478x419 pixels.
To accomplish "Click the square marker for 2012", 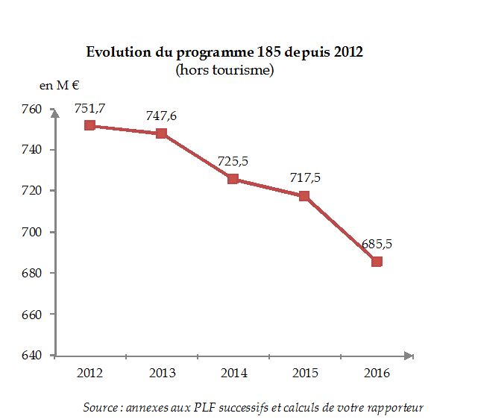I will point(89,125).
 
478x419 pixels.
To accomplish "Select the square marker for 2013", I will point(161,133).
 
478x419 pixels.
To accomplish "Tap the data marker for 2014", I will point(233,179).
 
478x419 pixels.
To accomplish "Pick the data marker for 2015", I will point(304,196).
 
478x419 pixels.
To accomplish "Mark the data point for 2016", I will point(377,262).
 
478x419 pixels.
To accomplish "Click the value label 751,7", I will point(89,108).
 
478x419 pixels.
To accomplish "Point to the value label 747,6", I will point(161,116).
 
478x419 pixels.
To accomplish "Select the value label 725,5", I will point(233,162).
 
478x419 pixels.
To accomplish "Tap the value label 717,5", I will point(304,178).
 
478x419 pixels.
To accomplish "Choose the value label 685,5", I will point(377,244).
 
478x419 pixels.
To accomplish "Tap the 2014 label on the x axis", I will point(233,372).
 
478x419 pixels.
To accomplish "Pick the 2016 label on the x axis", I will point(377,372).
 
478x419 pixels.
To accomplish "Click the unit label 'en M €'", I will point(60,86).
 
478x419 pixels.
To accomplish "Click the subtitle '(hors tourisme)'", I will point(224,70).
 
